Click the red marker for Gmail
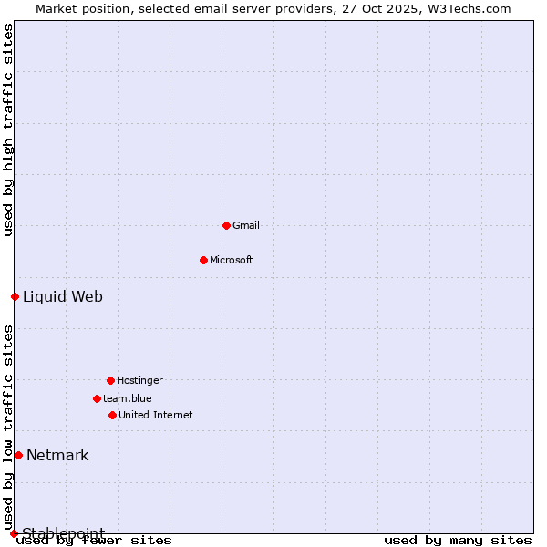pyautogui.click(x=226, y=225)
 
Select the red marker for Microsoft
pyautogui.click(x=203, y=260)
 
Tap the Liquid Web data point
pyautogui.click(x=15, y=296)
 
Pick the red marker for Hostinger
pyautogui.click(x=110, y=380)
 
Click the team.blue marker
pyautogui.click(x=97, y=398)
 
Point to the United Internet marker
pyautogui.click(x=112, y=415)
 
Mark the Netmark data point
pyautogui.click(x=18, y=455)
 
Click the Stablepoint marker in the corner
pyautogui.click(x=14, y=533)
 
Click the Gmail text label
pyautogui.click(x=246, y=225)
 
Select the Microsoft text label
pyautogui.click(x=232, y=260)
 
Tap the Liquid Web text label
pyautogui.click(x=63, y=296)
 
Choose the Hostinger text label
pyautogui.click(x=139, y=380)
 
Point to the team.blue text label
pyautogui.click(x=128, y=398)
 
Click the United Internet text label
pyautogui.click(x=156, y=415)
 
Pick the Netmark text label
pyautogui.click(x=57, y=455)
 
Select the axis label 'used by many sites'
pyautogui.click(x=458, y=540)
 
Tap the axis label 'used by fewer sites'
pyautogui.click(x=95, y=540)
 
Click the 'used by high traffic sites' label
pyautogui.click(x=8, y=129)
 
